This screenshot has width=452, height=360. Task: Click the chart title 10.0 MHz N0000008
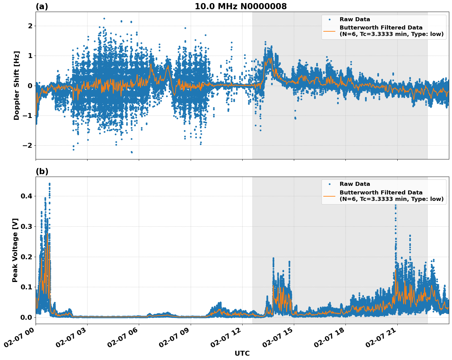point(240,6)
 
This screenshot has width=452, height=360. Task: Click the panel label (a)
point(42,6)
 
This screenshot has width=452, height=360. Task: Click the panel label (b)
point(42,171)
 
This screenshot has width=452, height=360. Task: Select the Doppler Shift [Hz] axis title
point(17,85)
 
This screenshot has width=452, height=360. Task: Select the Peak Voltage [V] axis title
point(15,250)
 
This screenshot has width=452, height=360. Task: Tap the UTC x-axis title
point(242,353)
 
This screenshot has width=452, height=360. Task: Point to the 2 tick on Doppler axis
point(30,26)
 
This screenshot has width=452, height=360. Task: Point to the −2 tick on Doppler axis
point(28,145)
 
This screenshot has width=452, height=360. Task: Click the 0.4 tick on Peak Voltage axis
point(27,196)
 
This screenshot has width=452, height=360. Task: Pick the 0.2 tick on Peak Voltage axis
point(27,257)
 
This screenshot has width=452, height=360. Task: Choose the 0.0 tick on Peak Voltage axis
point(27,317)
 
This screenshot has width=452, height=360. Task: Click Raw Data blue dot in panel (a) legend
point(329,19)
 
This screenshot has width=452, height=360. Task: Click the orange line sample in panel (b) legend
point(329,196)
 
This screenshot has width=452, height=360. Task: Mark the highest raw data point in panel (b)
point(49,184)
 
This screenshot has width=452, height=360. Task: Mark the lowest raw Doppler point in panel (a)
point(132,152)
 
